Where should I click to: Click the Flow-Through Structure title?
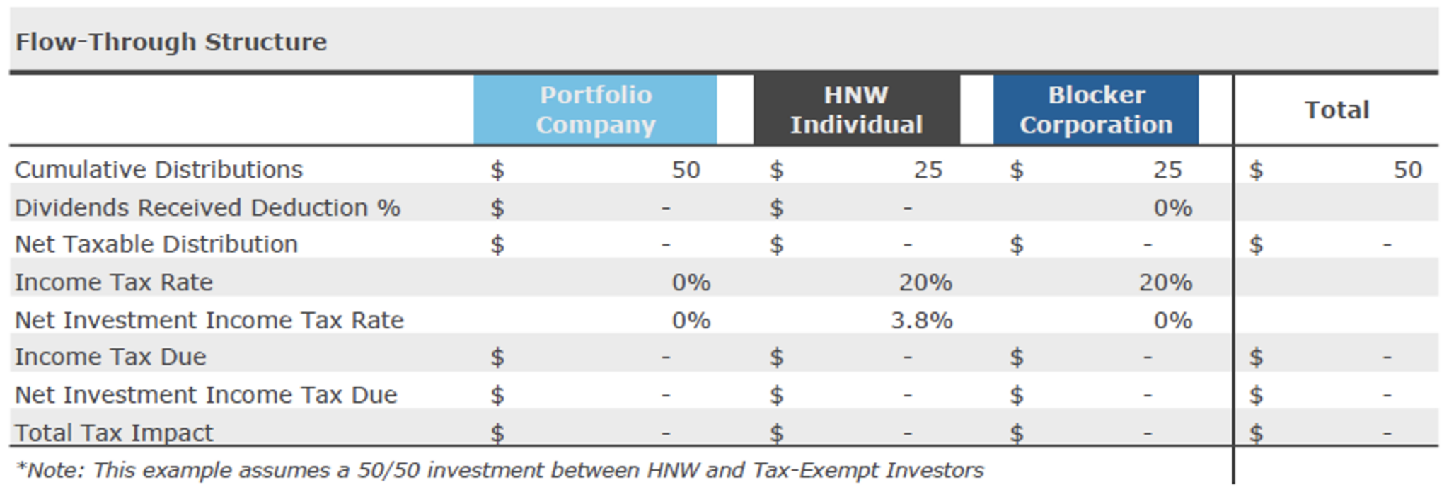(171, 42)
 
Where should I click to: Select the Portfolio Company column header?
(595, 110)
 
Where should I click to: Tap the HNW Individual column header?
(856, 110)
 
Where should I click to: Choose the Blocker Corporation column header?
(1096, 110)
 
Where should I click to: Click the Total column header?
(1337, 110)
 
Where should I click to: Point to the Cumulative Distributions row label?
(158, 170)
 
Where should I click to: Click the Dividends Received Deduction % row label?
(207, 207)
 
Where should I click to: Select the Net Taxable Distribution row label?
(156, 244)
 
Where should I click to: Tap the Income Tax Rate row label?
(114, 282)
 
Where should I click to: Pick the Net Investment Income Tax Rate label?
(209, 320)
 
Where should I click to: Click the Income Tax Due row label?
(110, 357)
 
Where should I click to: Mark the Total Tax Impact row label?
(114, 433)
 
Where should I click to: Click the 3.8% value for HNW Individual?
(921, 320)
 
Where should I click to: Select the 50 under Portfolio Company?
(686, 170)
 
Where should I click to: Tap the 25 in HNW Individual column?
(928, 170)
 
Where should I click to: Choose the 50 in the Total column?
(1407, 170)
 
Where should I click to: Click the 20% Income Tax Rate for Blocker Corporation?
(1165, 282)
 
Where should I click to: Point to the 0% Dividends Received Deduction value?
(1172, 207)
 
